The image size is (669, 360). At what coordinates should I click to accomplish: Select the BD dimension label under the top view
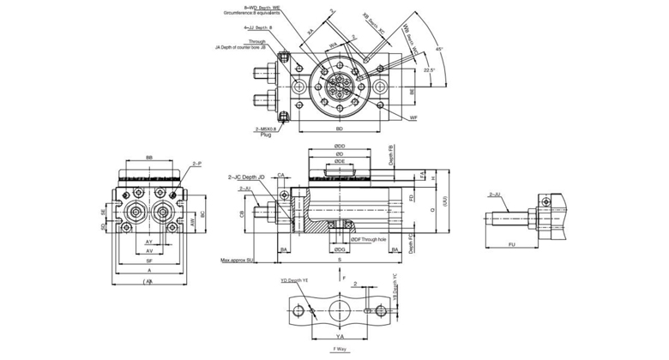[x=341, y=129]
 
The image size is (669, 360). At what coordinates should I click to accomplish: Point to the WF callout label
[x=413, y=117]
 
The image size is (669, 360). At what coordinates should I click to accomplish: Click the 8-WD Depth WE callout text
[x=261, y=8]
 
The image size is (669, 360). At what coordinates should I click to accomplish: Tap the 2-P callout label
[x=196, y=163]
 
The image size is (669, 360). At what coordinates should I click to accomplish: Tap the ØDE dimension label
[x=340, y=161]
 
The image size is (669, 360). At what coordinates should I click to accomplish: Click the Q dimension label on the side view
[x=431, y=206]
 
